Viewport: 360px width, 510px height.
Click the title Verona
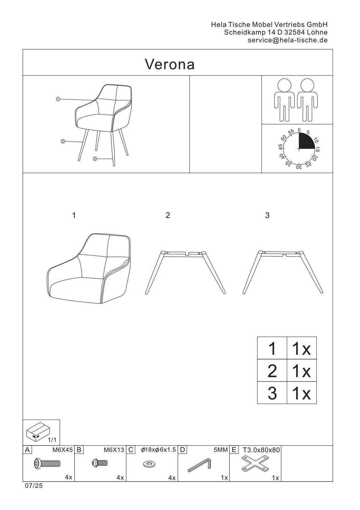[170, 65]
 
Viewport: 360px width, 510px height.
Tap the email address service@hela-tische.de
[288, 40]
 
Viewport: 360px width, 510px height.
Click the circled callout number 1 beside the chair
[58, 99]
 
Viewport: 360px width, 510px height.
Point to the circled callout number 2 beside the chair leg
[63, 141]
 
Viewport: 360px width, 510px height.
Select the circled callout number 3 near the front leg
[95, 159]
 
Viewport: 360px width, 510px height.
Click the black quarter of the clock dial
[306, 141]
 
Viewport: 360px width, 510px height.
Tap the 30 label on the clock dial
[299, 167]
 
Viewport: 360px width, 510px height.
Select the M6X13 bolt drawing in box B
[100, 462]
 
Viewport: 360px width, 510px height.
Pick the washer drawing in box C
[148, 464]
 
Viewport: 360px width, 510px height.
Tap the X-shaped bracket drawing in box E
[255, 464]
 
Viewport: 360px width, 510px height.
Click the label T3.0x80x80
[261, 450]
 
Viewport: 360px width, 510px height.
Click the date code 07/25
[34, 485]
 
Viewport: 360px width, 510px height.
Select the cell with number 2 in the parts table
[272, 371]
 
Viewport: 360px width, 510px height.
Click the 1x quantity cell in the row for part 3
[301, 393]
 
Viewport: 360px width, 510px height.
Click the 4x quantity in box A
[68, 478]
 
